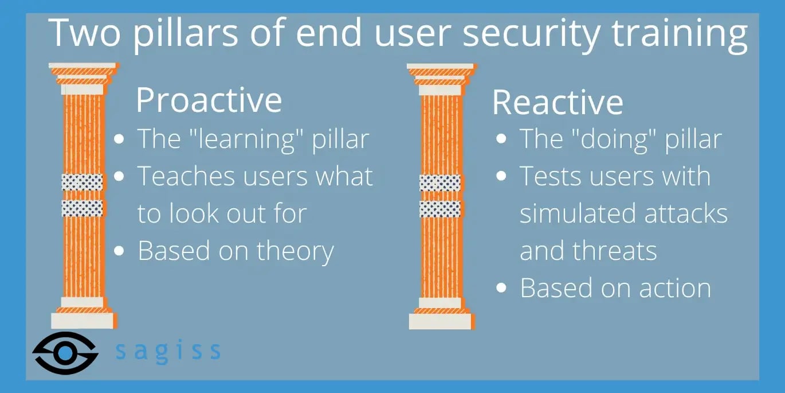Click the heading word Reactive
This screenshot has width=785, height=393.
(558, 102)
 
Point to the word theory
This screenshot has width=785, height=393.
(295, 252)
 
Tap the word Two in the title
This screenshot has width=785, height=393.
(84, 33)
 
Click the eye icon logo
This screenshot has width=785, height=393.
(65, 353)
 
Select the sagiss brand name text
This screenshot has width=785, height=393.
(168, 351)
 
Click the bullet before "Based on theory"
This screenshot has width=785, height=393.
(119, 251)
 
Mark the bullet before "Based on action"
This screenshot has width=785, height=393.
(501, 288)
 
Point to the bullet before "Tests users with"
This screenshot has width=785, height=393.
(501, 176)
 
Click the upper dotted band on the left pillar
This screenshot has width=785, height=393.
(83, 182)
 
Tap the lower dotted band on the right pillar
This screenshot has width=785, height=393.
(440, 209)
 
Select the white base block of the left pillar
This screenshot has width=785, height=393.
(84, 321)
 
